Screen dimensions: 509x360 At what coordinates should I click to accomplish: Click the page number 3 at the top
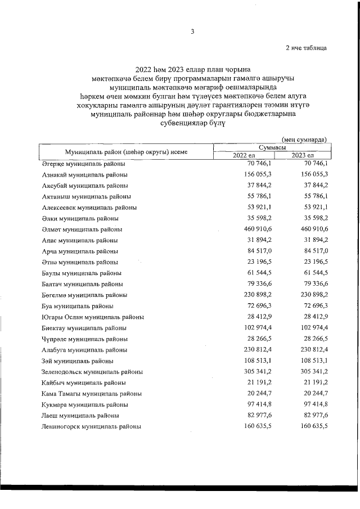point(192,31)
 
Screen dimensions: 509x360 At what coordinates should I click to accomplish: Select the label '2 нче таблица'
point(306,48)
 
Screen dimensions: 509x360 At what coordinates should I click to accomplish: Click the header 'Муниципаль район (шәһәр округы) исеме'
point(126,151)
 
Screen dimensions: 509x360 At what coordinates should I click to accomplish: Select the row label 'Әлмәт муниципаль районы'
point(82,229)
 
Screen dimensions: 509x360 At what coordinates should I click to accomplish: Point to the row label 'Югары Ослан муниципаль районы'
point(93,317)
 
